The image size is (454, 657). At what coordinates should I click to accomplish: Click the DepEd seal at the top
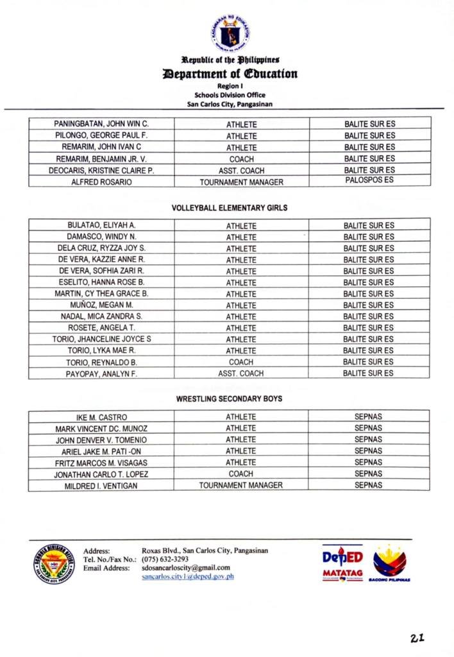coord(230,33)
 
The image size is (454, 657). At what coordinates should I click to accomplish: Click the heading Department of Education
coord(230,74)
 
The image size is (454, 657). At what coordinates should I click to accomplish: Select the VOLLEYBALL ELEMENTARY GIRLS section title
coord(230,208)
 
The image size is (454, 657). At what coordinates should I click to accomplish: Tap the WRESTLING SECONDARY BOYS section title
coord(230,399)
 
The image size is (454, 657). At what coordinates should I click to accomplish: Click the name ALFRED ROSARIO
coord(102,182)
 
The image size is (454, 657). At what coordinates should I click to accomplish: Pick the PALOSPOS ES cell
coord(369,180)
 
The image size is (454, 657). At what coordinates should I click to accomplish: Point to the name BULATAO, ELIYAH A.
coord(102,225)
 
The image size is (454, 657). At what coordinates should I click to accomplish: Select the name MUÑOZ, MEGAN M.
coord(102,305)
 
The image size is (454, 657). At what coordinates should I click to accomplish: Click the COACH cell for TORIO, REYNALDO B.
coord(241,362)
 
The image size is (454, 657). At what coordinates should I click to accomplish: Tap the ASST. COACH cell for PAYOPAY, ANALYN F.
coord(241,373)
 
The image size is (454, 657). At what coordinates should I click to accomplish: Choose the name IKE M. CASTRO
coord(102,418)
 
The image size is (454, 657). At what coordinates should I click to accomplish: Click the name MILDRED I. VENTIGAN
coord(101,486)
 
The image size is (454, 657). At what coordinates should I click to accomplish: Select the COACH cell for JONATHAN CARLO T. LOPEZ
coord(241,474)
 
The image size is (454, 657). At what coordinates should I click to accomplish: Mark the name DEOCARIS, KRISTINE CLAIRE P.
coord(102,171)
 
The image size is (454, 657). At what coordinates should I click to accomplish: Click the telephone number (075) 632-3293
coord(165,559)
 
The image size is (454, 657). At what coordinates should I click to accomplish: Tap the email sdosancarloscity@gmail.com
coord(186,568)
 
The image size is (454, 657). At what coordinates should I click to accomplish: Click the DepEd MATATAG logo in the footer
coord(342,563)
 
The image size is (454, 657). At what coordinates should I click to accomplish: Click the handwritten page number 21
coord(418,638)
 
